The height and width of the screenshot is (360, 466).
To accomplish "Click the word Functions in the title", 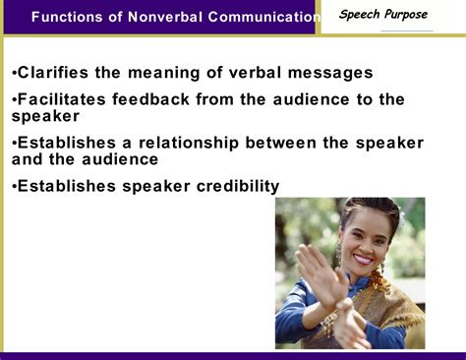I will (68, 17).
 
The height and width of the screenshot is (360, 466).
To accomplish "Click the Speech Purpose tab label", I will (383, 14).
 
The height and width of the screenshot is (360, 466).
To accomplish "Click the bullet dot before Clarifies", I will (14, 73).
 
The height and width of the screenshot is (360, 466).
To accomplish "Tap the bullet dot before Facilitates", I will (14, 100).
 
